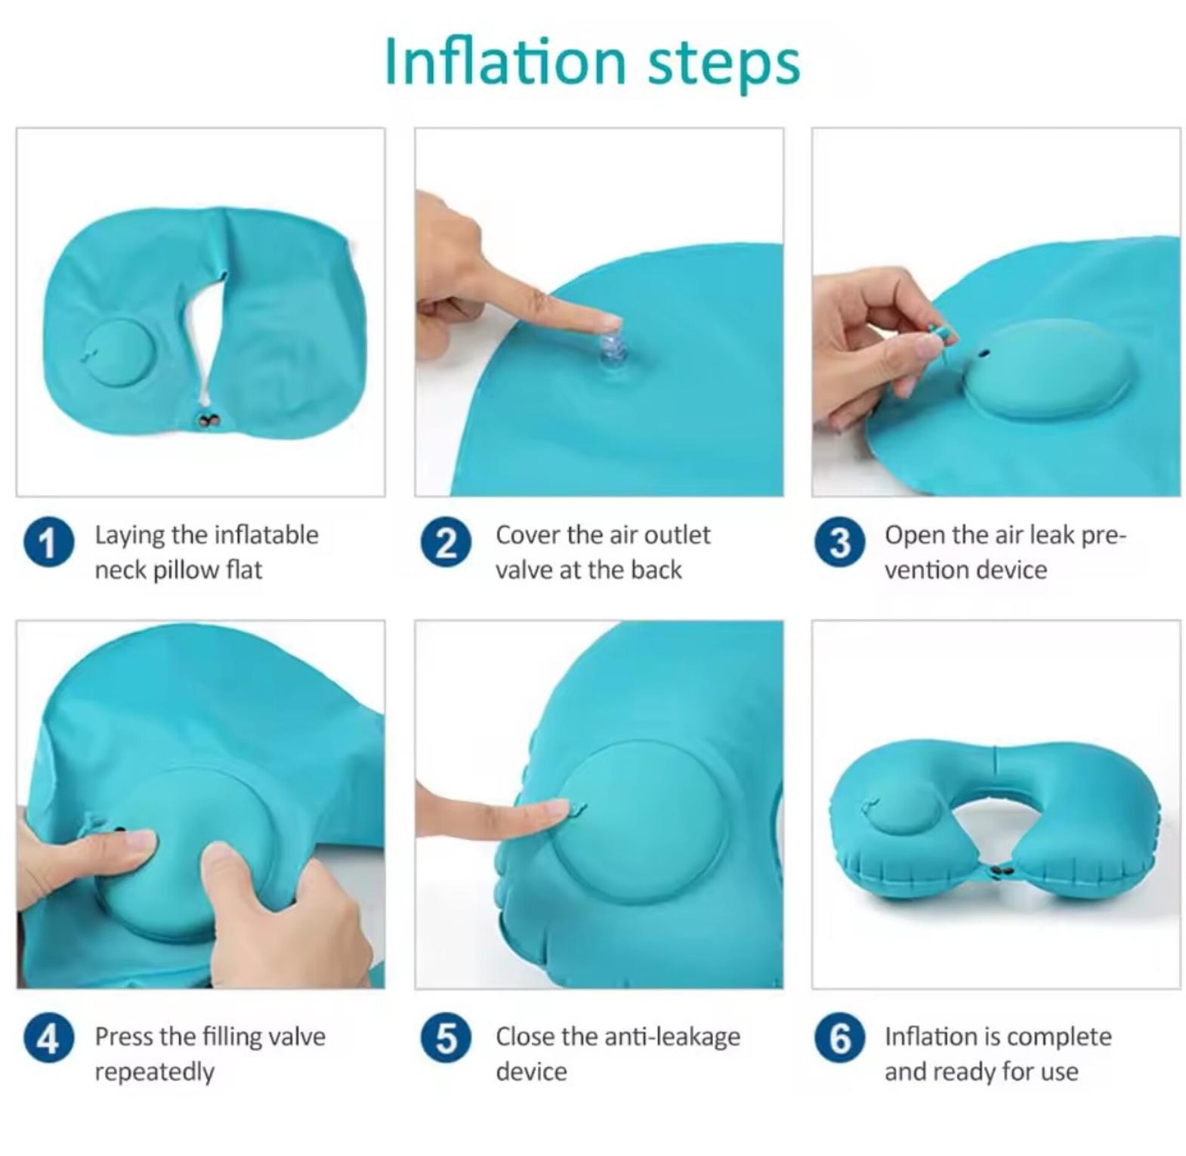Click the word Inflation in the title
(x=505, y=62)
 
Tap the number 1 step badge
(x=48, y=542)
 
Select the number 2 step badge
(x=446, y=542)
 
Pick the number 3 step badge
(x=839, y=542)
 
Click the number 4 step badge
(x=48, y=1038)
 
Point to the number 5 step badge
(x=446, y=1038)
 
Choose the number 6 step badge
(x=839, y=1038)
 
